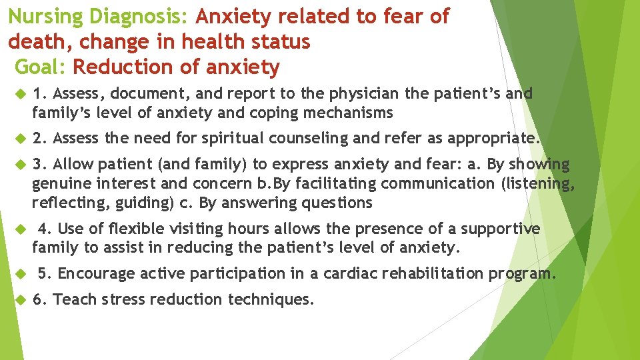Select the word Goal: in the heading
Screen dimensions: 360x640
point(40,67)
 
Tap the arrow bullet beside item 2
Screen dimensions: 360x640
point(19,139)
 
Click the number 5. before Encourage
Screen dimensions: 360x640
point(45,273)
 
